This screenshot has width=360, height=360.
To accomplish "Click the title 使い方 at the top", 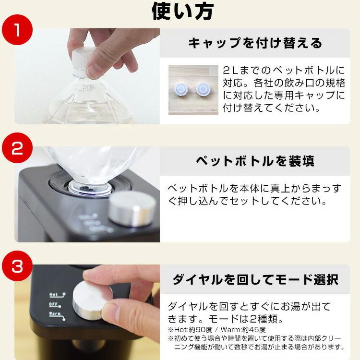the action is coord(183,11).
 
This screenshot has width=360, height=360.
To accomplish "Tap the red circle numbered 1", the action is coord(17,30).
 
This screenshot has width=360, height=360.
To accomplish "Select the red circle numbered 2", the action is coord(17,148).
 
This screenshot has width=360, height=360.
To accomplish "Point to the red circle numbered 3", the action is coord(17,266).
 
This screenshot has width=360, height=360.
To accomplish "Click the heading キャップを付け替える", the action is coord(255,43).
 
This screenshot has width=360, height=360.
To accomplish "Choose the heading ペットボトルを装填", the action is coord(255,161).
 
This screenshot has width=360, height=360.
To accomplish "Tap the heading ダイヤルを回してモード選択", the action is coord(255,279).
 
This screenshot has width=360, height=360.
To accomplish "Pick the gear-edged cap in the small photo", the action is coord(181,90).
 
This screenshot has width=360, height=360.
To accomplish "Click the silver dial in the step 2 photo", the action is coord(132,208).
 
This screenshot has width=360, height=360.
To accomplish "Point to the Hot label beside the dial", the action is coord(54,295).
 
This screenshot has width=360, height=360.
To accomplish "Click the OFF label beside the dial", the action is coord(53,304).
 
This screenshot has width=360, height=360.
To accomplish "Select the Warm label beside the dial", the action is coord(55,313).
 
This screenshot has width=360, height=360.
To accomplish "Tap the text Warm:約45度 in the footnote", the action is coord(243,330).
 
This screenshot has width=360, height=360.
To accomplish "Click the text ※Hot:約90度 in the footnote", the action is coord(190,330).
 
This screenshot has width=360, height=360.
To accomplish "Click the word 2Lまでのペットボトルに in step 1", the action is coord(284,70).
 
